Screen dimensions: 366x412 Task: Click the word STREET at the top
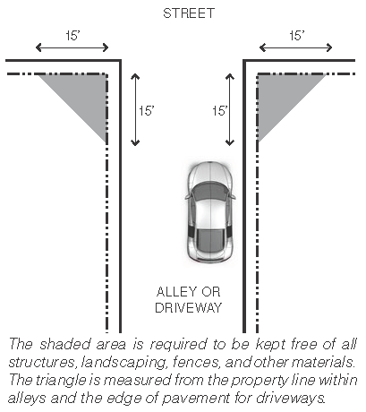coord(189,13)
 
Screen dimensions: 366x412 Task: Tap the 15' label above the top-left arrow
coord(72,36)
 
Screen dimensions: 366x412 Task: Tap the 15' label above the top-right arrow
coord(297,36)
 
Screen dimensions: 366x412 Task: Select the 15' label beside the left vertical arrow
coord(146,111)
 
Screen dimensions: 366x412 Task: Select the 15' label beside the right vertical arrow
coord(220,111)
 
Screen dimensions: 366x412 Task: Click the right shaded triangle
coord(280,96)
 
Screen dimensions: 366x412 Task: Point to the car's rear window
coord(210,240)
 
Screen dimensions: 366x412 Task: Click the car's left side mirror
coord(188,197)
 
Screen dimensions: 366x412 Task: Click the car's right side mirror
coord(232,197)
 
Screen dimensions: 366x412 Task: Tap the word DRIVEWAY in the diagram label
coord(189,308)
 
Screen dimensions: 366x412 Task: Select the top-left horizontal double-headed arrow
coord(72,47)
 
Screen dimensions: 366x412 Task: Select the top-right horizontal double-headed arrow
coord(295,47)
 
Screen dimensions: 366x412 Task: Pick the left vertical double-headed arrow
coord(135,110)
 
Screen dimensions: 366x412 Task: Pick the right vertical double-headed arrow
coord(230,109)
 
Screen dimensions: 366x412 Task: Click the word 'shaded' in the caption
coord(64,344)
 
